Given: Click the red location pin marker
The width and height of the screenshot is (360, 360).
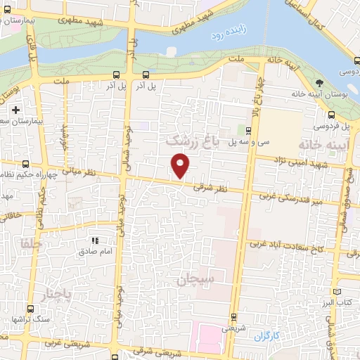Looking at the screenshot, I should click(x=181, y=166).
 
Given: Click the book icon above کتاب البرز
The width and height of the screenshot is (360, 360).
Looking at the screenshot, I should click(x=337, y=291).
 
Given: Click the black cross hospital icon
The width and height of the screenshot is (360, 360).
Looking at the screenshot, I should click(x=16, y=110).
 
